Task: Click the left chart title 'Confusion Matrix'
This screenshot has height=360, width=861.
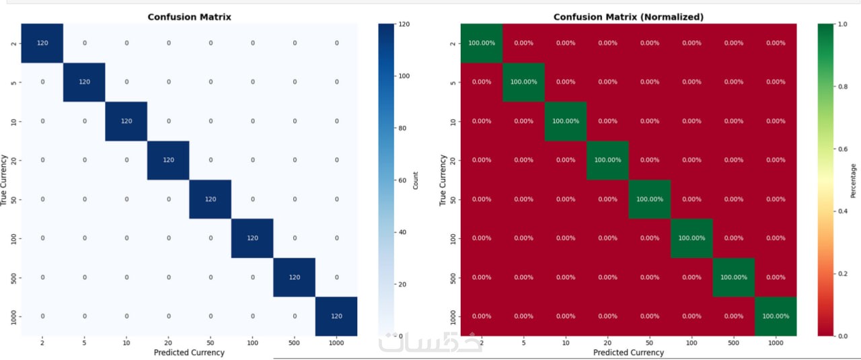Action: tap(189, 17)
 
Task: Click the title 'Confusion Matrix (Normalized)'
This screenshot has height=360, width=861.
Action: tap(628, 17)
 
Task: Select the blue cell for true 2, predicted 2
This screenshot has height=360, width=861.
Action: tap(42, 43)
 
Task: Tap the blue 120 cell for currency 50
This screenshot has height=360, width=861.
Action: tap(210, 199)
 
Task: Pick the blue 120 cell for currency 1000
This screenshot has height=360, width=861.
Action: tap(336, 316)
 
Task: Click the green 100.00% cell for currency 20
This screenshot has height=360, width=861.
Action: tap(607, 160)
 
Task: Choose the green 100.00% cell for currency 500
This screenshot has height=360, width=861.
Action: tap(733, 277)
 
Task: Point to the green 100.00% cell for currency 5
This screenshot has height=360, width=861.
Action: tap(523, 82)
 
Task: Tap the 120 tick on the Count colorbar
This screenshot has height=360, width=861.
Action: tap(404, 24)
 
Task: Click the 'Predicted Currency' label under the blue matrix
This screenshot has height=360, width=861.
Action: tap(189, 352)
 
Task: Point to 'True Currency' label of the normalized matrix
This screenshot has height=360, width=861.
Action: tap(443, 180)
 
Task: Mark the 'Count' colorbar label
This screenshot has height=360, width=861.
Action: tap(416, 180)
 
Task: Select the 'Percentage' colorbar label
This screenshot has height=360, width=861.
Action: tap(854, 180)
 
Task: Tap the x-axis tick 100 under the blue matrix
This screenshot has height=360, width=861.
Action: tap(252, 343)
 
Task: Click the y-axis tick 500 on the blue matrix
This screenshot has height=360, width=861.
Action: tap(14, 277)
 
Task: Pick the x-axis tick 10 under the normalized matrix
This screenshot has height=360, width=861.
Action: tap(565, 343)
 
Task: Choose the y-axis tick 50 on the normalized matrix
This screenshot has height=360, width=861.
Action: tap(453, 199)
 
